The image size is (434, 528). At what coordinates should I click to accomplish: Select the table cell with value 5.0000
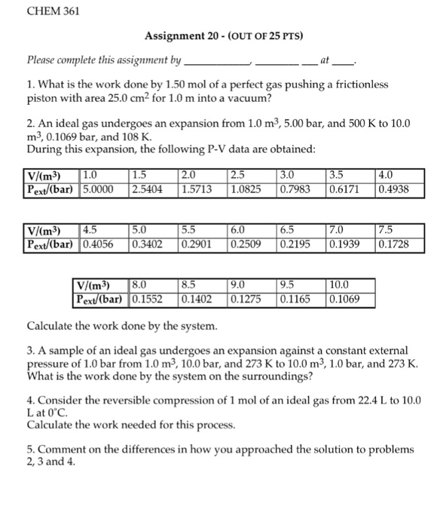tap(103, 189)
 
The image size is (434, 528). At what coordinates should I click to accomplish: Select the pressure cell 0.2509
tap(249, 244)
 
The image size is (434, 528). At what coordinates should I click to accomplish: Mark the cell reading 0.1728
tap(392, 244)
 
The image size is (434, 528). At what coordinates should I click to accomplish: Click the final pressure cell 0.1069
tap(344, 299)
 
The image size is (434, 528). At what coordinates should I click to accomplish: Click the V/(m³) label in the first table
tap(44, 177)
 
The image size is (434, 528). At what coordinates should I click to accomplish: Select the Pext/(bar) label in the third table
tap(102, 299)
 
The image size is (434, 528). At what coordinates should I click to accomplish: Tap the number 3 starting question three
tap(29, 352)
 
